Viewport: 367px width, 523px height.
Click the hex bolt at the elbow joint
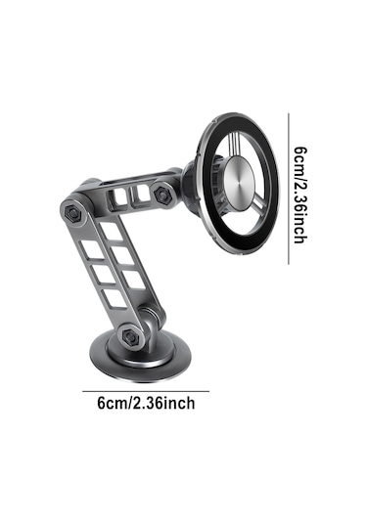click(x=72, y=212)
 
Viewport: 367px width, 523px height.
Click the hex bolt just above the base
click(x=130, y=336)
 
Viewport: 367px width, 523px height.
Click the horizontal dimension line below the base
click(x=146, y=391)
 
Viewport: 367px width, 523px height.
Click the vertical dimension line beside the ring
click(x=289, y=189)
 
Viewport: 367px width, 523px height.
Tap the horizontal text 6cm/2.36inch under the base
click(x=146, y=404)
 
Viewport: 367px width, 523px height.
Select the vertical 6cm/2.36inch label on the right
click(x=300, y=195)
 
